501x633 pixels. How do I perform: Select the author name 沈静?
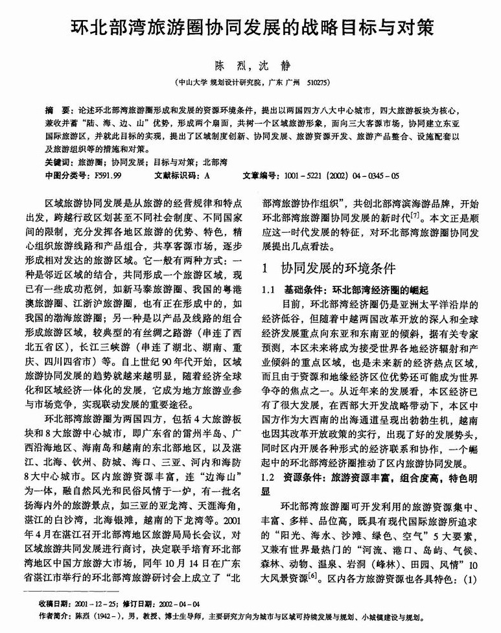[272, 65]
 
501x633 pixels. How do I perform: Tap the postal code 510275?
[318, 82]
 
